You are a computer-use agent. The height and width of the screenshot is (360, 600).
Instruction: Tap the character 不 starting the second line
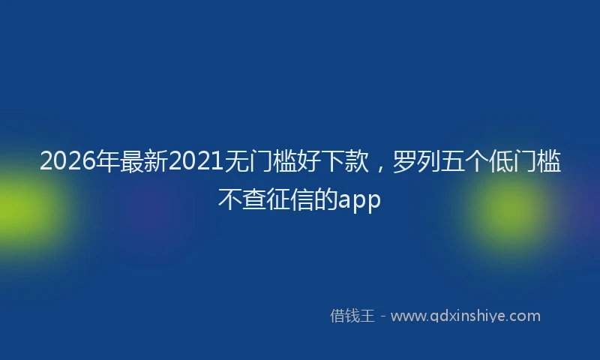[x=229, y=199]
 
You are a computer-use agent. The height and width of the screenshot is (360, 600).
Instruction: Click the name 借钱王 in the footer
[x=352, y=316]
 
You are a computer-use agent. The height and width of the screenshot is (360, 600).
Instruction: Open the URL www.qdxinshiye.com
[x=465, y=316]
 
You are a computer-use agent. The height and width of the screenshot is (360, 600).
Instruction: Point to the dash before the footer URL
[x=382, y=316]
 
